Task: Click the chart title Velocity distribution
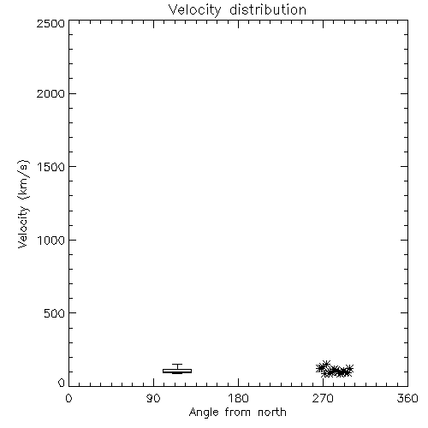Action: [x=237, y=10]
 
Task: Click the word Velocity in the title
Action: [x=194, y=10]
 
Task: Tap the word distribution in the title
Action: [x=268, y=9]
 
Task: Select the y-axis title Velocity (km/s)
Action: [x=23, y=204]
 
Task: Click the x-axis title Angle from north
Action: [x=237, y=413]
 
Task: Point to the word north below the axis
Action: [x=272, y=413]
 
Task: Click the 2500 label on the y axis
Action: [x=51, y=23]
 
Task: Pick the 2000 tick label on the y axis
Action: [x=51, y=93]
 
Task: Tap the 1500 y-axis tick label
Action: [x=51, y=167]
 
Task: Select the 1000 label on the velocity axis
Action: [x=51, y=240]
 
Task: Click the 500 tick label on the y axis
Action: [x=55, y=313]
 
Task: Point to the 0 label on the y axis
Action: [x=62, y=383]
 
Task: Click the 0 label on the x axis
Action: [x=68, y=398]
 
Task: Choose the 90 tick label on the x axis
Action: [x=153, y=398]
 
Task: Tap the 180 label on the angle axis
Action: [x=238, y=398]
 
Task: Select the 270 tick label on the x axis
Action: [x=323, y=398]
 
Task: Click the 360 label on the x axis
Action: [x=407, y=398]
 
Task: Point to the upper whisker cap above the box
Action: [x=177, y=364]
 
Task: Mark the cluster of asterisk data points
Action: [x=335, y=369]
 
